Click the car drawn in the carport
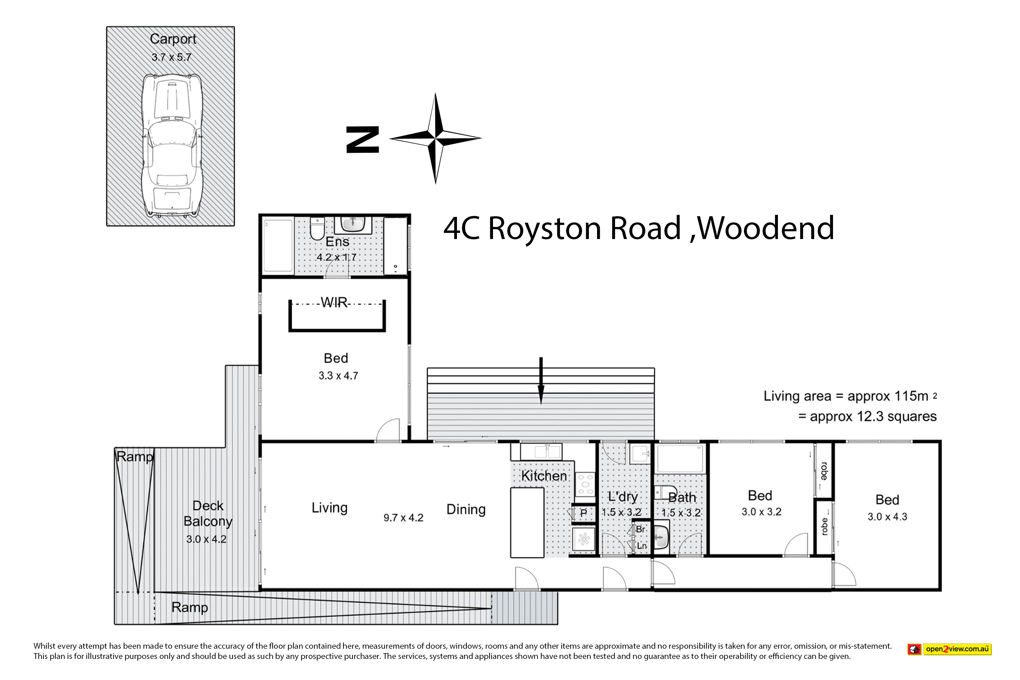[x=172, y=145]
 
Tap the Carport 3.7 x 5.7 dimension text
[x=171, y=57]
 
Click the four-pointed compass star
[x=436, y=138]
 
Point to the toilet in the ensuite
[x=318, y=228]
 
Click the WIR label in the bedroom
[x=334, y=302]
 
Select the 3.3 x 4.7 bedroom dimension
[x=338, y=376]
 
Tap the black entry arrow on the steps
[x=541, y=380]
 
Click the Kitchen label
[x=544, y=476]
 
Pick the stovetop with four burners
[x=585, y=484]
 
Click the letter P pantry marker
[x=583, y=513]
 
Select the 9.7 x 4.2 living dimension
[x=403, y=518]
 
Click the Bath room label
[x=682, y=497]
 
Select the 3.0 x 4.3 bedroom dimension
[x=887, y=516]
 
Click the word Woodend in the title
[x=766, y=228]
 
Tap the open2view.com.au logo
[x=949, y=649]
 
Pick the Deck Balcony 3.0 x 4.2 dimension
[x=206, y=539]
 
